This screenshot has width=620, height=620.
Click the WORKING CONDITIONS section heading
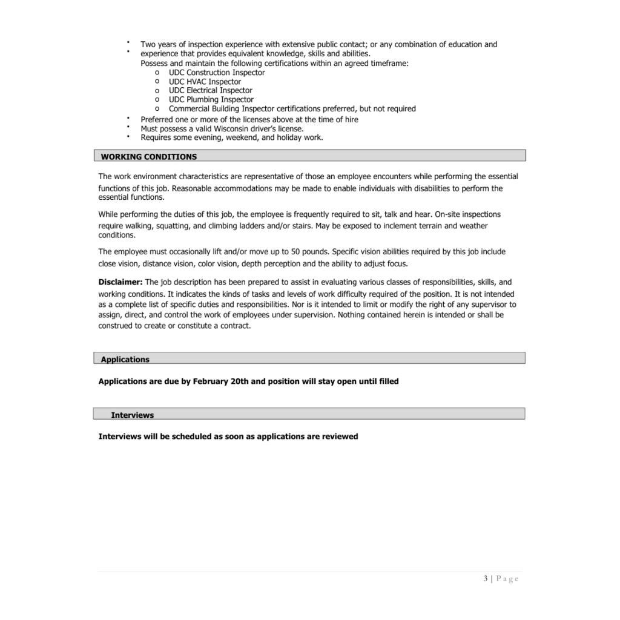click(x=149, y=157)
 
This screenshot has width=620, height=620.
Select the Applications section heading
click(x=125, y=360)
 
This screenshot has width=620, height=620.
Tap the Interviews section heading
click(x=133, y=415)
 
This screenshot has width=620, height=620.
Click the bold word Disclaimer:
click(x=120, y=282)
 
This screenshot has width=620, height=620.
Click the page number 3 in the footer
click(x=486, y=579)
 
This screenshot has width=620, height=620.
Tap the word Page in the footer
click(x=508, y=579)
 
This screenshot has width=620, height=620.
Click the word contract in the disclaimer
click(x=234, y=326)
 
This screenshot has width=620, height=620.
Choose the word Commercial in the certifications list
click(x=190, y=109)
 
